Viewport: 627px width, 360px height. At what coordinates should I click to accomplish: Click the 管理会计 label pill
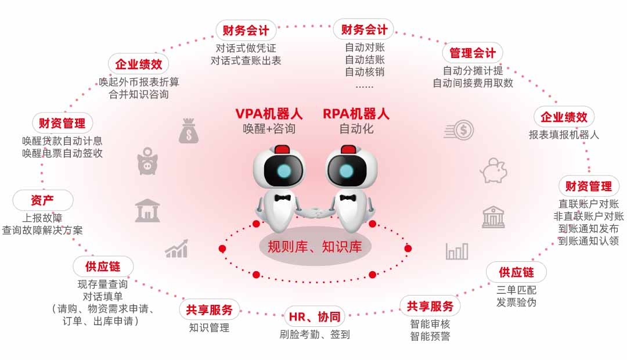473,53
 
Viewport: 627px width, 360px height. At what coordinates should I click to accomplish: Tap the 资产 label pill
42,201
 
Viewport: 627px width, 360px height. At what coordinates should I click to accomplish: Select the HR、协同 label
315,317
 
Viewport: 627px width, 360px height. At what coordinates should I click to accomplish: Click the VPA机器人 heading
269,114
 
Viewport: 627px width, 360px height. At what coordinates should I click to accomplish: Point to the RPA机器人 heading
356,114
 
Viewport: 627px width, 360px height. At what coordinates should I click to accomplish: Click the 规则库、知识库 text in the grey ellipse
315,247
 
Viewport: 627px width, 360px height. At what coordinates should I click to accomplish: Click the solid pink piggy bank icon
147,161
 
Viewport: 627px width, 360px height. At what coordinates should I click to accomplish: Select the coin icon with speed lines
460,130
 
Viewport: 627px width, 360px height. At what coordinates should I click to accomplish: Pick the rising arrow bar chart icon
176,249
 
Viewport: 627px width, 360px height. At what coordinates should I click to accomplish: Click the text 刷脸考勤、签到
315,334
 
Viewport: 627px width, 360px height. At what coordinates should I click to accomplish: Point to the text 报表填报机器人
564,135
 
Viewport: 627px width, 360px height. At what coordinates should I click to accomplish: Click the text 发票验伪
516,303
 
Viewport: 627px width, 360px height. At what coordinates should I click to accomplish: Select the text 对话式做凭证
246,48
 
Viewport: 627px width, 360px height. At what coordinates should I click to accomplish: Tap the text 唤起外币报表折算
139,81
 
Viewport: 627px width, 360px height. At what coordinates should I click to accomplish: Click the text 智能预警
430,336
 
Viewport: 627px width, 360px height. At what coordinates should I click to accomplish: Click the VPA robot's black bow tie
283,197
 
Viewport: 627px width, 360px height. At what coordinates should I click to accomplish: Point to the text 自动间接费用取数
473,83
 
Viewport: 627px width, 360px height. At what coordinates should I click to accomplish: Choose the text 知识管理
209,328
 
